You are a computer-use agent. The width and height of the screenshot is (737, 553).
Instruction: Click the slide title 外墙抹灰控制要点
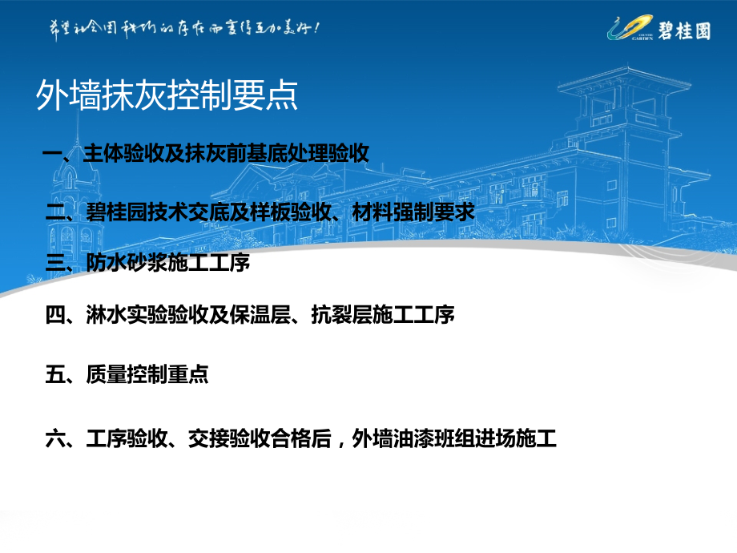coord(167,96)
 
